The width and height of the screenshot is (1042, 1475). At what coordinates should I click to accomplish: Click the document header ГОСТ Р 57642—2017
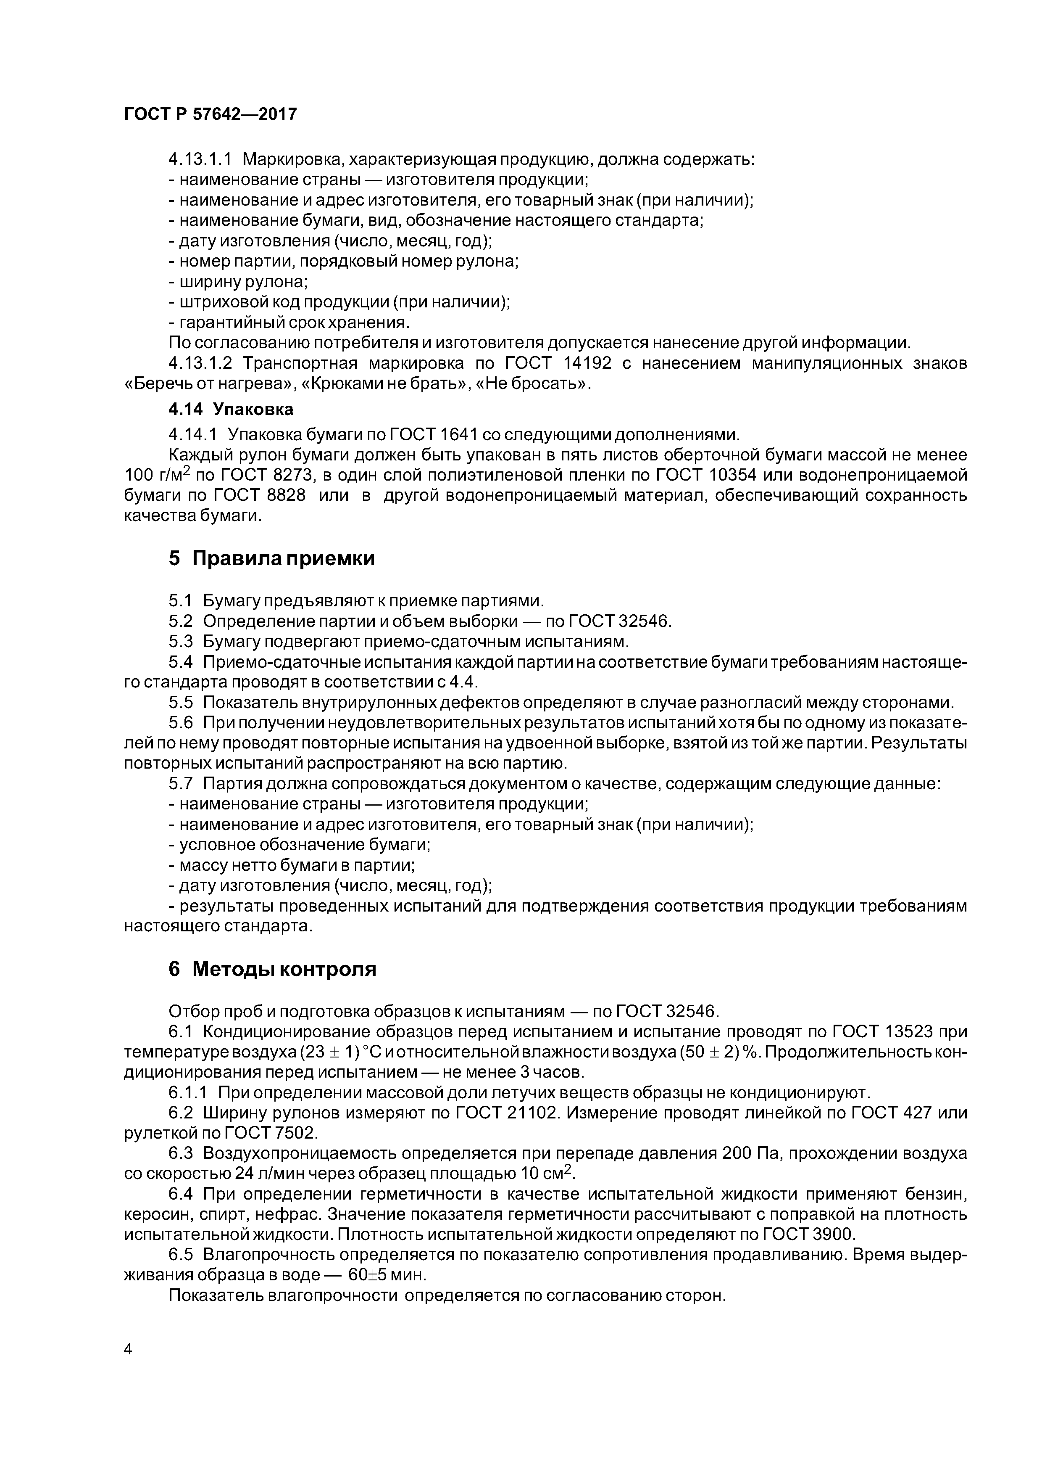[210, 114]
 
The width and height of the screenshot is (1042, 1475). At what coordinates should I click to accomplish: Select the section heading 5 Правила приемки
[271, 558]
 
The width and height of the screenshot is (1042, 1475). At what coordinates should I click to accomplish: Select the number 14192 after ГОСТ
[587, 364]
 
